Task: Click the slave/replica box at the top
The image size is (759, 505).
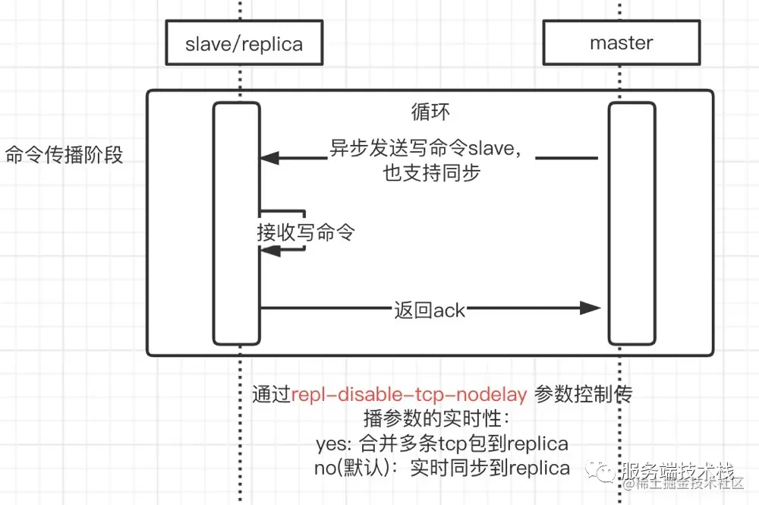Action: point(244,44)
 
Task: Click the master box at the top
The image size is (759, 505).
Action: point(621,43)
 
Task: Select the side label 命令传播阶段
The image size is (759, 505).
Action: point(64,156)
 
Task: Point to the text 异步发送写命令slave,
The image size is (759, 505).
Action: point(426,148)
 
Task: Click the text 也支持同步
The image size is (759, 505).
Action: point(431,173)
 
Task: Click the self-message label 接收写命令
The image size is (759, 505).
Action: point(306,232)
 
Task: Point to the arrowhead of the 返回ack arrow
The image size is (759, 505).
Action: point(591,308)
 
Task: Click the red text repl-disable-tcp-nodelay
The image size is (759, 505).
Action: point(409,394)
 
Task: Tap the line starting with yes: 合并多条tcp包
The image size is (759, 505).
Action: point(442,443)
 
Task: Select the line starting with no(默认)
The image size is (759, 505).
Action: point(442,468)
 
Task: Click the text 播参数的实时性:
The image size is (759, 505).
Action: point(442,419)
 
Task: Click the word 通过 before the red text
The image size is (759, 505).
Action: point(271,394)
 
